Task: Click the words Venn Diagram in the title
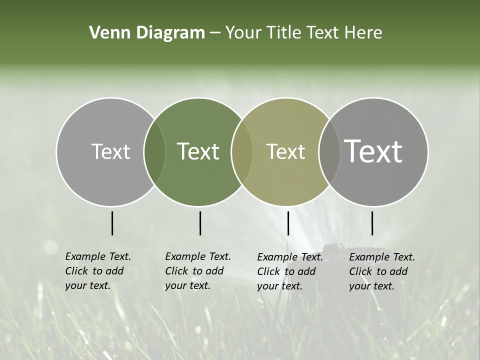point(147,33)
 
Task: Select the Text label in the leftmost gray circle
point(110,151)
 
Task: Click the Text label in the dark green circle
point(198,151)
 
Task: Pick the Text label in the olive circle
point(285,151)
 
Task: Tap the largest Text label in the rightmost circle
point(373,151)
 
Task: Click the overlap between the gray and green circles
point(154,151)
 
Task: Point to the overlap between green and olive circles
point(242,151)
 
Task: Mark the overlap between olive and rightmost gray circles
point(329,151)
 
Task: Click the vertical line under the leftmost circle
point(112,223)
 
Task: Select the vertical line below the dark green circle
point(200,223)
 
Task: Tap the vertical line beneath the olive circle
point(288,223)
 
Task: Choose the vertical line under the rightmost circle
point(372,223)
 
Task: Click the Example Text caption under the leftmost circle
point(98,271)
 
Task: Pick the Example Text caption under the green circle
point(198,271)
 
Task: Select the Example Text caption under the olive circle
point(290,271)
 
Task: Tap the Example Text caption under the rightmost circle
point(382,271)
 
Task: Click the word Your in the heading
point(243,33)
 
